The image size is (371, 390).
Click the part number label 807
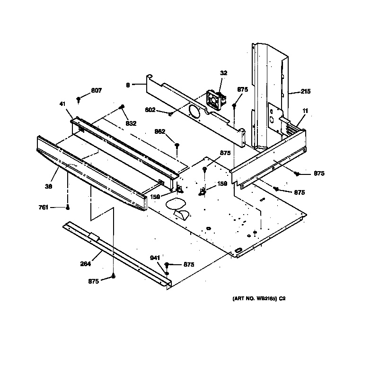click(x=96, y=90)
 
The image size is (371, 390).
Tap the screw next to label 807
click(x=79, y=100)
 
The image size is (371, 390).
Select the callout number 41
click(x=62, y=104)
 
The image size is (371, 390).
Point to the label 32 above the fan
click(x=223, y=73)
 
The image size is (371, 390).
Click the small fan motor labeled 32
click(x=215, y=100)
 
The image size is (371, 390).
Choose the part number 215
click(x=305, y=91)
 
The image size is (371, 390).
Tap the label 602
click(x=150, y=110)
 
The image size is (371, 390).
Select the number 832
click(x=131, y=123)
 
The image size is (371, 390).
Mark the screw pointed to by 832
click(x=123, y=107)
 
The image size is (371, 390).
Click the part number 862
click(x=160, y=131)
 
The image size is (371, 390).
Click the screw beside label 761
click(x=68, y=207)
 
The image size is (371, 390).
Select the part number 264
click(x=85, y=264)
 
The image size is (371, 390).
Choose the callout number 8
click(x=128, y=85)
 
